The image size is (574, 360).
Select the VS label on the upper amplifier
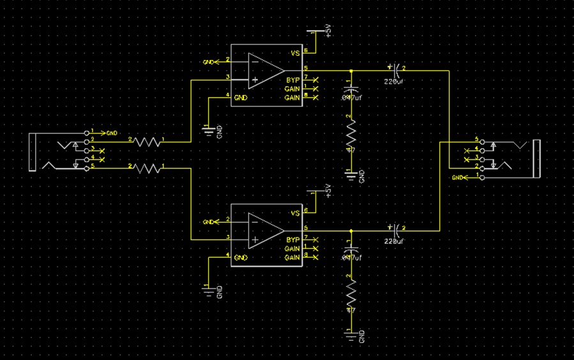(295, 54)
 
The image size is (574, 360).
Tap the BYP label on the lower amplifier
(293, 239)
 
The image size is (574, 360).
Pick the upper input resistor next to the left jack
(146, 142)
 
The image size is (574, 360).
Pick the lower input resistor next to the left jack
(146, 169)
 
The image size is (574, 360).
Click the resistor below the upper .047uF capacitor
(350, 135)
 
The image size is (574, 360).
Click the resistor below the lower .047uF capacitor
(350, 295)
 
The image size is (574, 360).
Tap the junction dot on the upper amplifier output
(351, 71)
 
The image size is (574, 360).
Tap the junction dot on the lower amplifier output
(351, 230)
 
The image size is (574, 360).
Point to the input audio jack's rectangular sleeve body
(31, 153)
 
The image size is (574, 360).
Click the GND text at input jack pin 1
(112, 133)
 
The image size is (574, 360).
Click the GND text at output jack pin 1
(458, 177)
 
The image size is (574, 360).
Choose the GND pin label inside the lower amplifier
(241, 258)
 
